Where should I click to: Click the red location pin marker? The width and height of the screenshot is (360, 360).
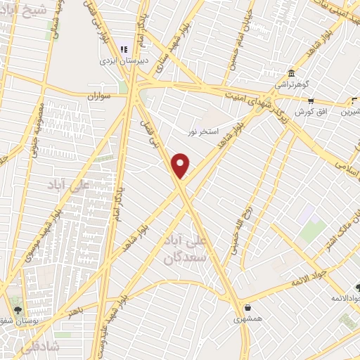pyautogui.click(x=181, y=165)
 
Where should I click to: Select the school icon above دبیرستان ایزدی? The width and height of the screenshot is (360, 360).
pyautogui.click(x=124, y=49)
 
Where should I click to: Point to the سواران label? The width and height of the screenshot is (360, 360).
pyautogui.click(x=101, y=94)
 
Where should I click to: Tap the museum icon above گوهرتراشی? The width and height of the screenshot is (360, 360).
pyautogui.click(x=290, y=73)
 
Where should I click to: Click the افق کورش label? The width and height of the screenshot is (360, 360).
pyautogui.click(x=309, y=112)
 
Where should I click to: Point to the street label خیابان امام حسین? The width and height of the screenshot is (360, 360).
pyautogui.click(x=236, y=41)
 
